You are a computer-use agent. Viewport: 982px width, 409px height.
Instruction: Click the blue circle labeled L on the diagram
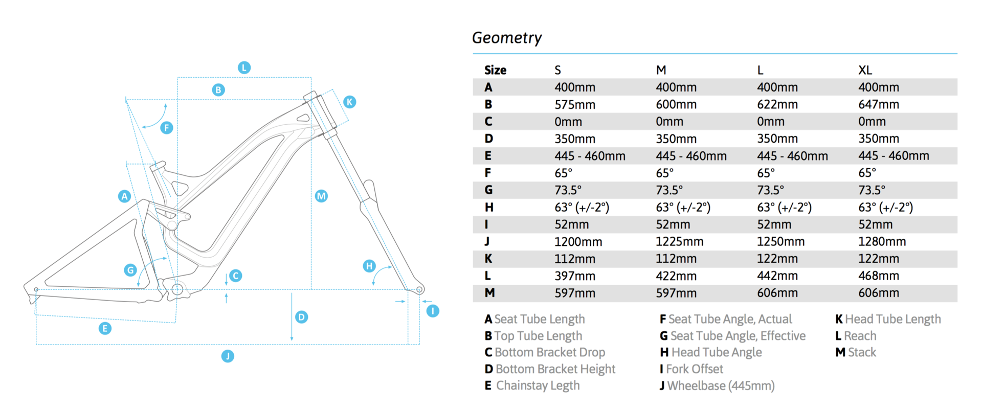click(x=244, y=67)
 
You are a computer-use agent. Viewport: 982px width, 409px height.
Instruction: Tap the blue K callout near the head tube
click(x=349, y=102)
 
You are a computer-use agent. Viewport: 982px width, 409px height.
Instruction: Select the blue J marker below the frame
click(x=228, y=356)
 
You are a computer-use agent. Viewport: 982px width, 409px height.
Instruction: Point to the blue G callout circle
click(x=130, y=270)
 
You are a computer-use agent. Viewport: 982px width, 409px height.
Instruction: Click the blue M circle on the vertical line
click(x=321, y=196)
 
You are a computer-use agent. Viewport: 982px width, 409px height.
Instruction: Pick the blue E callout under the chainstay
click(x=105, y=328)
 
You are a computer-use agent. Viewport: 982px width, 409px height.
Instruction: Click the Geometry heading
click(x=507, y=38)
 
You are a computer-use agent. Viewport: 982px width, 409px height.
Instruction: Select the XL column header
click(x=865, y=70)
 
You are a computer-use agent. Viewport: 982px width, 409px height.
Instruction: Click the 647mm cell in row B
click(x=878, y=104)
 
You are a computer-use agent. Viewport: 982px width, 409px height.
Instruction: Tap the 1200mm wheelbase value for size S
click(x=578, y=241)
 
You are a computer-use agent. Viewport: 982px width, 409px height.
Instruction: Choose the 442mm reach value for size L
click(x=777, y=276)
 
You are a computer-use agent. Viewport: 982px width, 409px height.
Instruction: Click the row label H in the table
click(x=489, y=207)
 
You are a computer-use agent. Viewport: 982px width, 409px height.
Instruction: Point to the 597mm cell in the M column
click(x=676, y=293)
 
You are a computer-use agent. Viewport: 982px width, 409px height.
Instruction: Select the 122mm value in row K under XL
click(x=878, y=259)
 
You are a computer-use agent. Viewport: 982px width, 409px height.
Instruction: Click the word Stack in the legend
click(x=862, y=352)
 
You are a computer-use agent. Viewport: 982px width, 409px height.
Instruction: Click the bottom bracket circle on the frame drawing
click(x=177, y=289)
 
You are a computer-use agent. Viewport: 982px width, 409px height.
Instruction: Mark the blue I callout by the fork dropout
click(x=433, y=311)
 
